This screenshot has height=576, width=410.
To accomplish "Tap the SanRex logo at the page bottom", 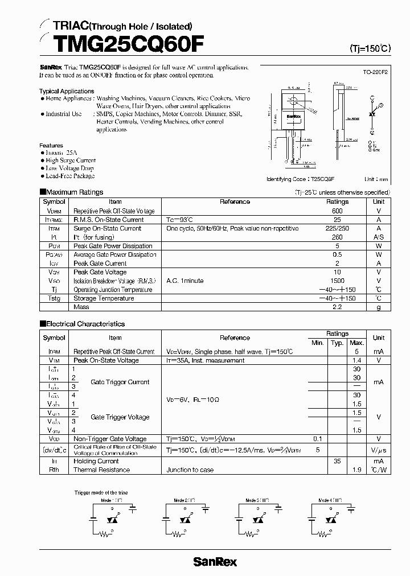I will tap(215, 562).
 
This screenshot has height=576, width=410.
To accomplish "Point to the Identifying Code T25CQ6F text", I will tap(300, 179).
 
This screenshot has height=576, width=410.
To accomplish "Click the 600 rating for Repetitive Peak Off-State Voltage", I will tap(337, 211).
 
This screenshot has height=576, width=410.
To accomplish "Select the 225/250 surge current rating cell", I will tap(337, 228).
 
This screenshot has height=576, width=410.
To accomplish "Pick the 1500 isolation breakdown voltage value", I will tap(337, 281).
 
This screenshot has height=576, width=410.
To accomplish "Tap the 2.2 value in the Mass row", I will tap(337, 307).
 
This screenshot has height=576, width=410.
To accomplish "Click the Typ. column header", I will tap(337, 343).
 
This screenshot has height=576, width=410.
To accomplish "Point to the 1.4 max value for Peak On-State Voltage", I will tap(357, 360).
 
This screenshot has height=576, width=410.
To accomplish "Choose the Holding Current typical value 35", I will tap(337, 461).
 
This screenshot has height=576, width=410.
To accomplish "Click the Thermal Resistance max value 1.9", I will tap(357, 470).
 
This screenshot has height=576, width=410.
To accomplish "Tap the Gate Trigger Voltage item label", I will tap(120, 417).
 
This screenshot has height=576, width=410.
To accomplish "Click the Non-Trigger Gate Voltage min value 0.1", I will tap(317, 439).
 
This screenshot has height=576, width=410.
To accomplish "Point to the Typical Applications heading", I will tap(67, 91).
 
